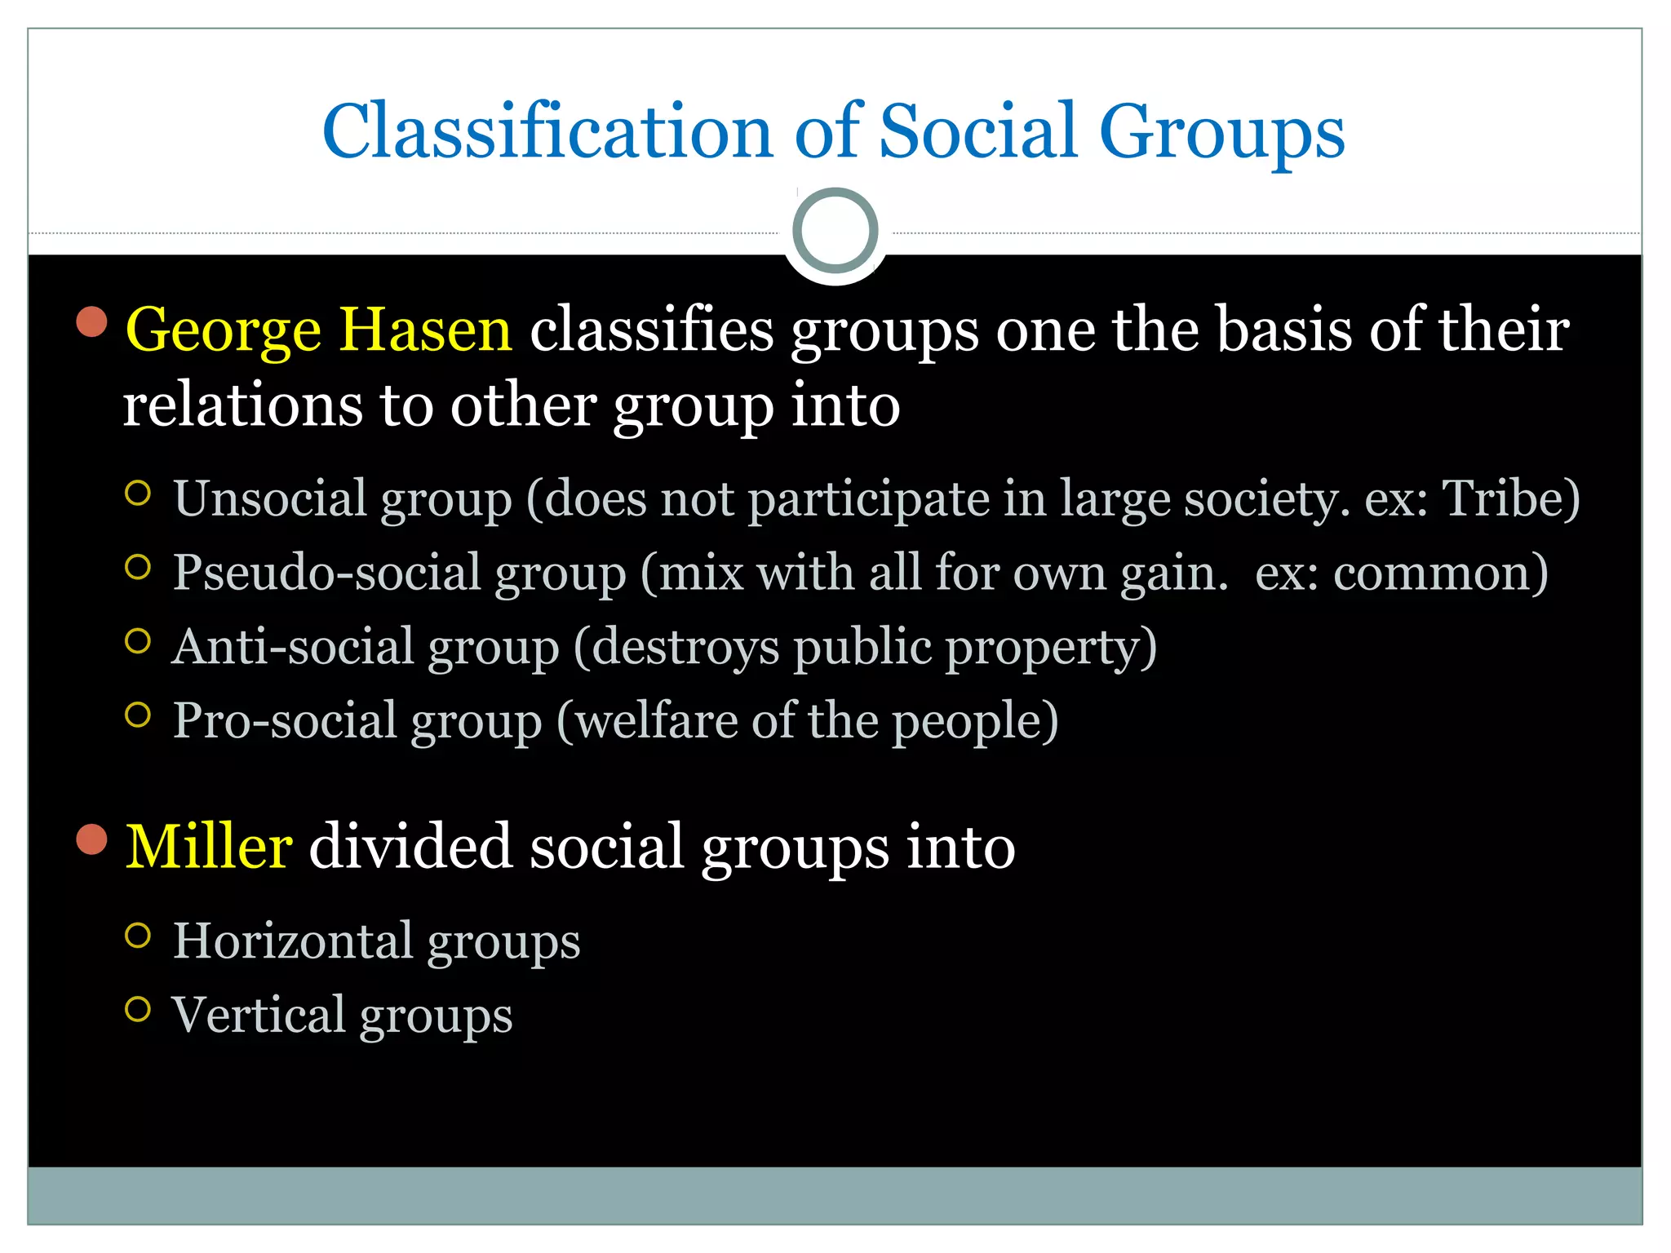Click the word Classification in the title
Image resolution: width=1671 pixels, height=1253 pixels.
pyautogui.click(x=547, y=132)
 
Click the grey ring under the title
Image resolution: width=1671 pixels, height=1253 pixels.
pyautogui.click(x=835, y=231)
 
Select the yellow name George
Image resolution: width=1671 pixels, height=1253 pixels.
pyautogui.click(x=223, y=330)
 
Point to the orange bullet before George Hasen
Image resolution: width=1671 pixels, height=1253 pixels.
pyautogui.click(x=92, y=321)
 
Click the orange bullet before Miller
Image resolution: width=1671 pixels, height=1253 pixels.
pyautogui.click(x=92, y=839)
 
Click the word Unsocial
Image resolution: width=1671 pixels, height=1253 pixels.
pyautogui.click(x=270, y=498)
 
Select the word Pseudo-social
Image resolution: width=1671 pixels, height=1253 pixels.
pyautogui.click(x=327, y=573)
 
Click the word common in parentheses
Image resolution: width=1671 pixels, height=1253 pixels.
pyautogui.click(x=1433, y=573)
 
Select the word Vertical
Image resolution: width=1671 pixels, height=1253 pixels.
pyautogui.click(x=259, y=1015)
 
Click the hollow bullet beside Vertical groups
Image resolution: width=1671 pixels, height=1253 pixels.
pyautogui.click(x=138, y=1009)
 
